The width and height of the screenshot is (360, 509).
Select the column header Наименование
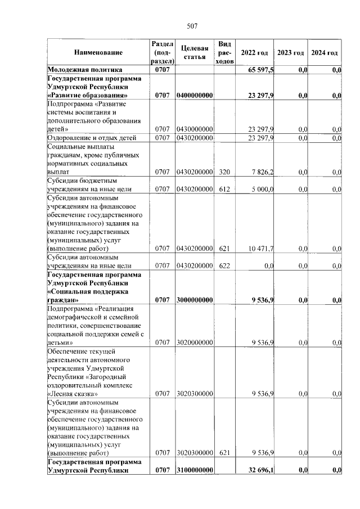(x=97, y=52)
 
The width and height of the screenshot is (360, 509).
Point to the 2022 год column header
(x=254, y=52)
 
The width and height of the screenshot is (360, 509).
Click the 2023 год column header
(x=290, y=52)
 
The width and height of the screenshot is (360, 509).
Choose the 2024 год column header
(x=325, y=52)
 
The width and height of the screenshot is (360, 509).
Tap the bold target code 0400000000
(x=194, y=96)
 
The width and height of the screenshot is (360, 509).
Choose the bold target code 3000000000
(x=194, y=300)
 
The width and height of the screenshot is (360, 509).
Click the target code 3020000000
(x=194, y=342)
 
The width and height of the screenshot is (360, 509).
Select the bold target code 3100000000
(x=194, y=470)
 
